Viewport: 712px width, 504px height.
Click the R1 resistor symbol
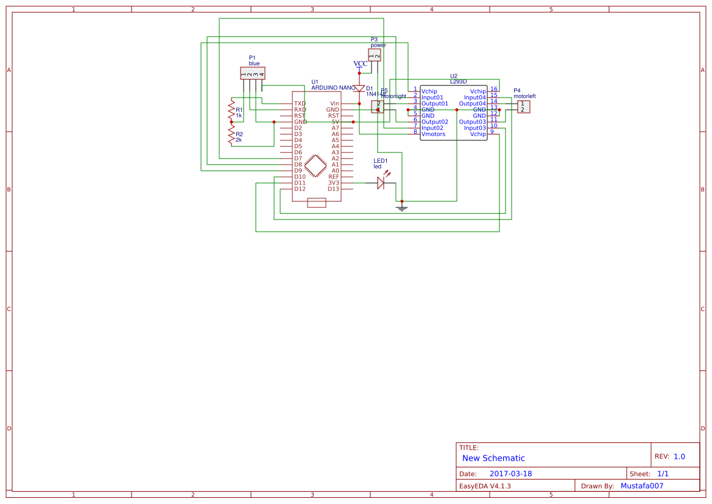pos(231,110)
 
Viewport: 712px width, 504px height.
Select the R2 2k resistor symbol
pos(231,134)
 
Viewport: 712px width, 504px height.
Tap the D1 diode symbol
pos(359,89)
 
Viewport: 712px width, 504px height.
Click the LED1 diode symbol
pos(382,182)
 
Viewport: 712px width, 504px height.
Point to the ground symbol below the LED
pos(401,208)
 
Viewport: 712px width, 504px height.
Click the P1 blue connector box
pos(253,74)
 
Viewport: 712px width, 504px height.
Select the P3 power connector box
pos(375,55)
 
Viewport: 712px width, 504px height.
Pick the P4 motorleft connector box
pos(523,107)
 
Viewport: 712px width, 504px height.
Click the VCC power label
pos(360,63)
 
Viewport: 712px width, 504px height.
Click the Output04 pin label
pos(473,104)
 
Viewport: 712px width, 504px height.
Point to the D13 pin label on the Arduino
pos(333,189)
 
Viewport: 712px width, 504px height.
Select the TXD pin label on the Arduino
pos(300,104)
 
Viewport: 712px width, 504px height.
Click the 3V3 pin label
pos(334,183)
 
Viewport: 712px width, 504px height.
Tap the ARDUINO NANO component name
pos(333,88)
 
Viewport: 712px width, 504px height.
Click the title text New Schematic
pos(493,458)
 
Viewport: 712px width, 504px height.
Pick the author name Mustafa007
pos(641,486)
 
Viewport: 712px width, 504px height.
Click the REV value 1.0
pos(679,456)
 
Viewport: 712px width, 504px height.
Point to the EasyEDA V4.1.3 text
pos(484,486)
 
